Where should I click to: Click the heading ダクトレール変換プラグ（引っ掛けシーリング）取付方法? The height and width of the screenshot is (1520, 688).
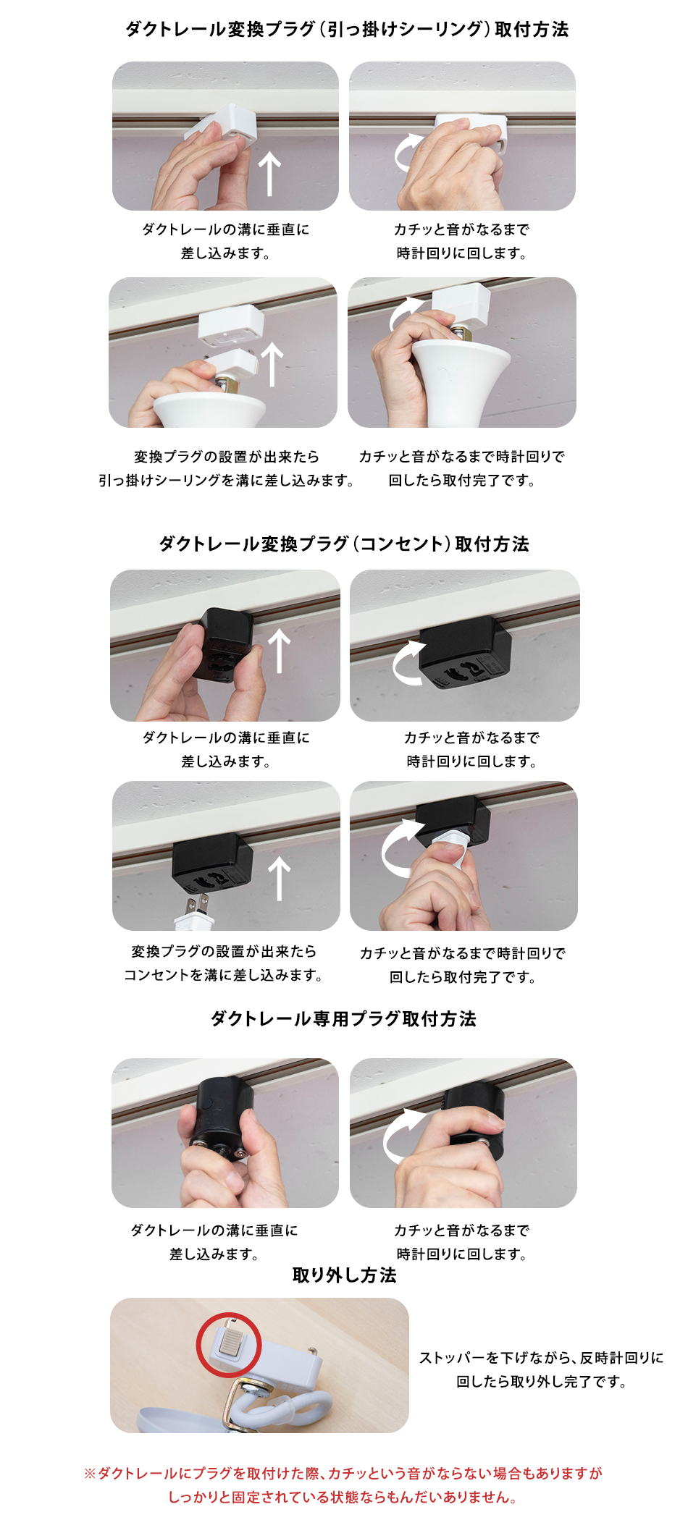click(x=347, y=29)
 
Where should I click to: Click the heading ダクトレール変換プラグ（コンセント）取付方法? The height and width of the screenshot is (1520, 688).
click(x=344, y=544)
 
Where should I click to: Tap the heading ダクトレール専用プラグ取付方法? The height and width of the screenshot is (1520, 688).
click(x=343, y=1018)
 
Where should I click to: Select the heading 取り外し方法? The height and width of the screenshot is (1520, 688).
click(x=344, y=1275)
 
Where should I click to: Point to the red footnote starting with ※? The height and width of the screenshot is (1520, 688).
click(x=343, y=1485)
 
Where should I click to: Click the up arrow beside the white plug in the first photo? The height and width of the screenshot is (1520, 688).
click(x=270, y=174)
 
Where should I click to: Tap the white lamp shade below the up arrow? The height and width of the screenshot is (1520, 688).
click(x=209, y=410)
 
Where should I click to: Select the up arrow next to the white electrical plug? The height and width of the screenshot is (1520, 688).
click(x=280, y=879)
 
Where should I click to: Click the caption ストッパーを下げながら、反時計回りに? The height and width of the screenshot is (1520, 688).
click(x=542, y=1358)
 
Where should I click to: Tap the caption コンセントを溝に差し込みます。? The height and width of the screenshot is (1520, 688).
click(x=224, y=975)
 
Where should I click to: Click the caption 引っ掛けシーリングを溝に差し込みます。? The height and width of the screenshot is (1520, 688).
click(x=227, y=480)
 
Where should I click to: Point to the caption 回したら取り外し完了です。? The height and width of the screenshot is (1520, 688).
click(x=542, y=1382)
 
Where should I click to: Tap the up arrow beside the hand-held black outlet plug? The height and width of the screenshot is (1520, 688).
click(x=280, y=651)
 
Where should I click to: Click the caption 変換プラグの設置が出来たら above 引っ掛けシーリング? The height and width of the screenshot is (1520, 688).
click(x=227, y=456)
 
